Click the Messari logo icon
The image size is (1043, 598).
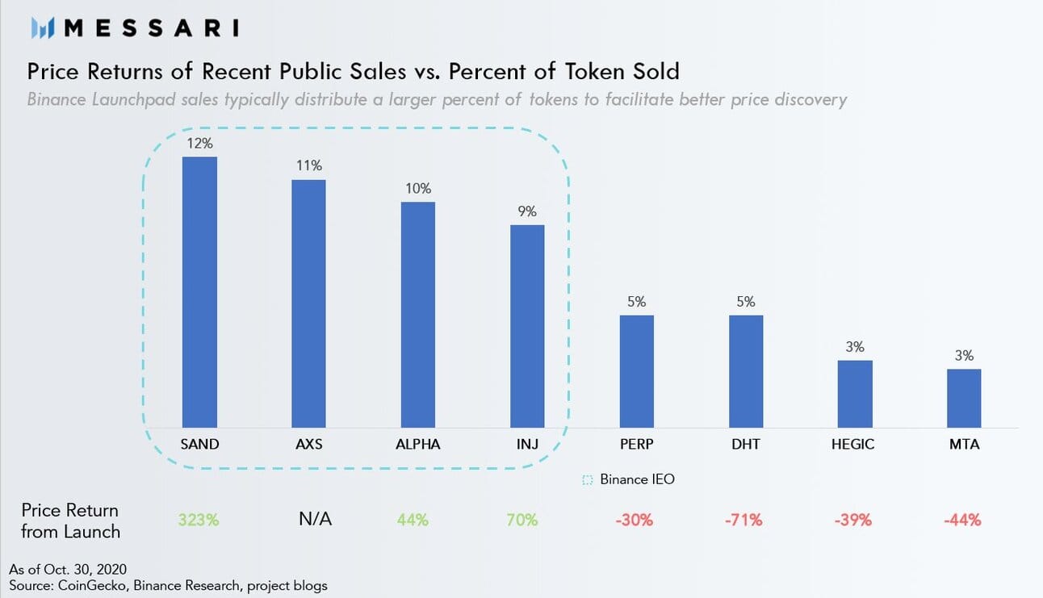(x=42, y=29)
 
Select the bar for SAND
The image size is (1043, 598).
(x=199, y=291)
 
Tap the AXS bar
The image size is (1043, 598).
(x=308, y=303)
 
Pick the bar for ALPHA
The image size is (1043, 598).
(x=418, y=314)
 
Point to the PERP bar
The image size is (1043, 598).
(x=636, y=370)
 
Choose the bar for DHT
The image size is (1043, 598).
(x=746, y=370)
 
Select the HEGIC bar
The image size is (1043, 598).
(x=855, y=393)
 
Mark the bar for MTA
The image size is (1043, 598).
(x=964, y=398)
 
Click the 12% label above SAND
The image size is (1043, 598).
(x=199, y=144)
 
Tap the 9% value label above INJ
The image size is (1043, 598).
(x=527, y=211)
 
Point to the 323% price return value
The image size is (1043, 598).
(x=199, y=520)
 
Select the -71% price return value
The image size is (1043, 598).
(x=745, y=520)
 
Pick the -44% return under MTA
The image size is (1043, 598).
(x=963, y=520)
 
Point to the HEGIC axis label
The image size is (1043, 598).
(x=853, y=444)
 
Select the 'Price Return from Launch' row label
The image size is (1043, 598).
(x=70, y=521)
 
